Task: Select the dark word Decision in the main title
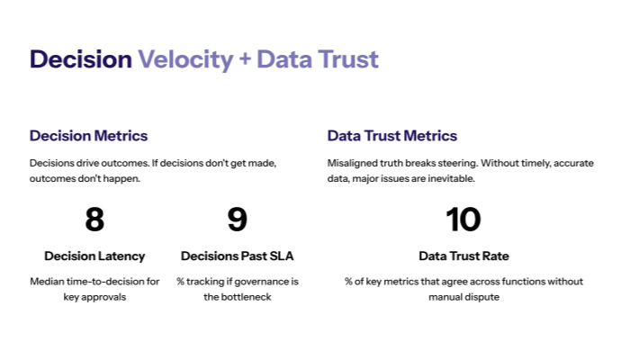click(80, 59)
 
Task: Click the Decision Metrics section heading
click(88, 136)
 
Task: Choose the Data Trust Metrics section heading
click(391, 136)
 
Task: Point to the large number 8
click(94, 220)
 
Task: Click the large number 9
click(237, 220)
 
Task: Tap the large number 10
click(463, 220)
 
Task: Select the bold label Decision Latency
click(94, 256)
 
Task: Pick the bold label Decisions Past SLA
click(237, 256)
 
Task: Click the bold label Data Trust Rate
click(463, 256)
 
